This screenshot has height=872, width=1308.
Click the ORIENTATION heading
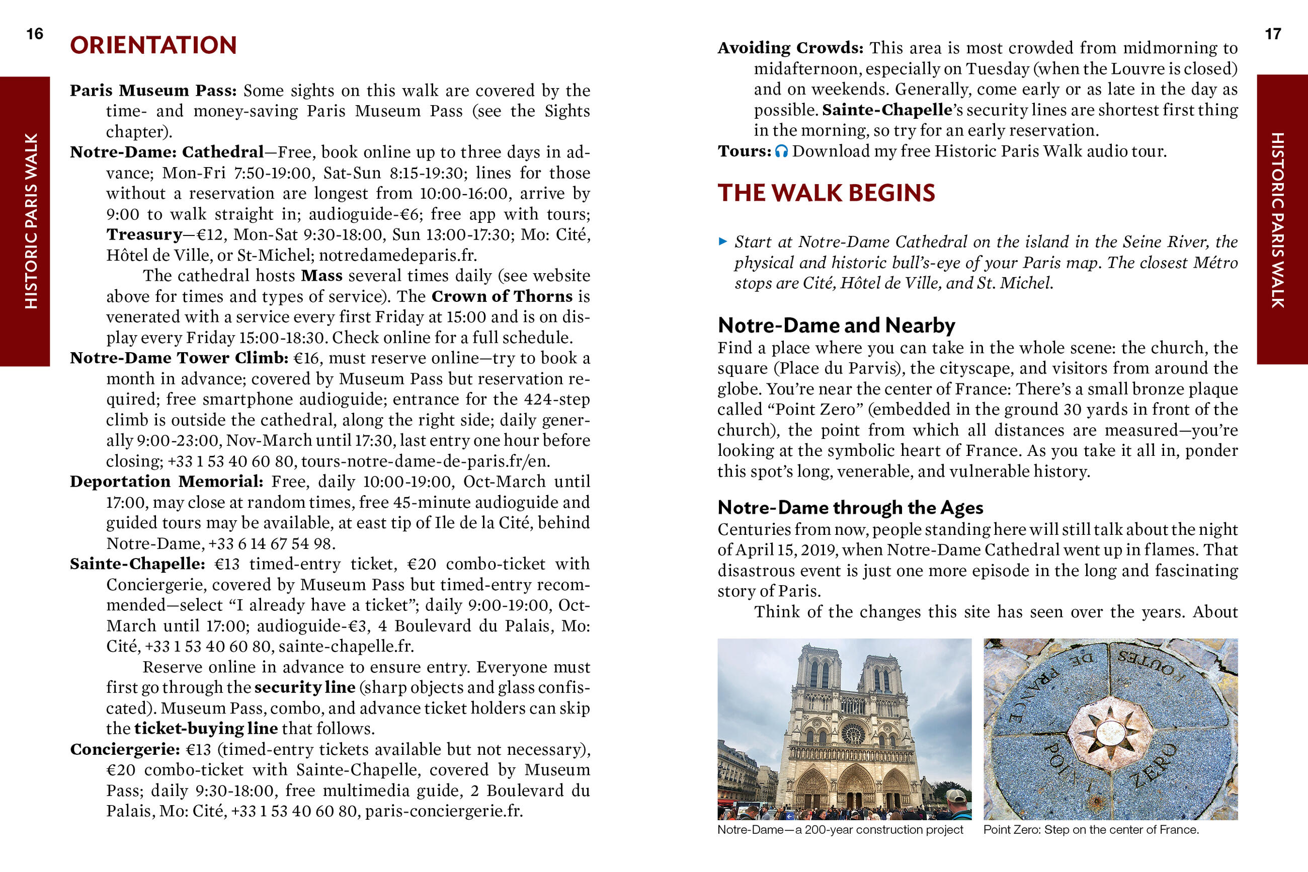tap(153, 46)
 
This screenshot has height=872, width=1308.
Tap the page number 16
tap(35, 34)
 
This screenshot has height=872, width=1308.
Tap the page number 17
tap(1273, 34)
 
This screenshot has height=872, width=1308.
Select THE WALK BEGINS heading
tap(826, 193)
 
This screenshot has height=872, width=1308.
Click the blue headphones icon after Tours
tap(781, 151)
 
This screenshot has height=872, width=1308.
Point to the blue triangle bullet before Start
tap(722, 242)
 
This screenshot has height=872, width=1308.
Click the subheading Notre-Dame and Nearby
tap(836, 326)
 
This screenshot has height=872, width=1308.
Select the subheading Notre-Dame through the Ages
tap(850, 507)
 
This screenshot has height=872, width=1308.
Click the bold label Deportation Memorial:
tap(166, 482)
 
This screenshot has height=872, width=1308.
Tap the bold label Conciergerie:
tap(125, 750)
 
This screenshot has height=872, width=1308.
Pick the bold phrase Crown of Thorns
tap(502, 296)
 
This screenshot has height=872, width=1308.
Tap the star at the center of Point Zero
tap(1110, 733)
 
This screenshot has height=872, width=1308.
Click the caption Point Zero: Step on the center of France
tap(1091, 830)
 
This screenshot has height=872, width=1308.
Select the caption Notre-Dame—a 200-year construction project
tap(840, 830)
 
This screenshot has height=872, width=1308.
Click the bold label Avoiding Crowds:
tap(790, 48)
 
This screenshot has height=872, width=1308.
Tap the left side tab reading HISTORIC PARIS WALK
tap(25, 221)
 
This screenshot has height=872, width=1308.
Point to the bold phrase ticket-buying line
tap(206, 729)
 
